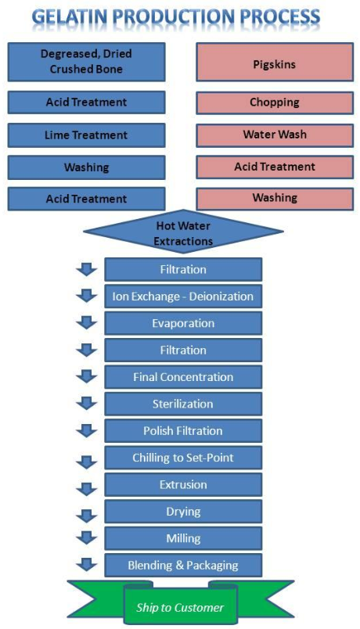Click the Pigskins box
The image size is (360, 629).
(275, 62)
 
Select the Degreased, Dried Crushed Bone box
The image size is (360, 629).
(86, 62)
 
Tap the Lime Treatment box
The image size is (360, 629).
(86, 135)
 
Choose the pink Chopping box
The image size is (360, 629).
(275, 102)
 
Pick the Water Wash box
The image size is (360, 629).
(275, 135)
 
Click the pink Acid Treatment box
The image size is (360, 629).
(275, 167)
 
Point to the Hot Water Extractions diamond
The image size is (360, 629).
(183, 232)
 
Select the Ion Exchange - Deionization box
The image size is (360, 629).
(183, 297)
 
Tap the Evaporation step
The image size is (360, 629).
(183, 323)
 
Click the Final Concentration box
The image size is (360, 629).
(183, 377)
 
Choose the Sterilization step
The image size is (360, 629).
(183, 404)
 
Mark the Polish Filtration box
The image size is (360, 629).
(183, 431)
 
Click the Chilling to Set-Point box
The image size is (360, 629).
(183, 458)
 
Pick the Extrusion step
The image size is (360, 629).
(183, 484)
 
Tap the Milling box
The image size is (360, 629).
(183, 538)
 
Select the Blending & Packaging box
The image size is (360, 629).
(183, 565)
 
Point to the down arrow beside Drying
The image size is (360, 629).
(87, 515)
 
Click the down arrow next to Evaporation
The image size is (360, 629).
(87, 322)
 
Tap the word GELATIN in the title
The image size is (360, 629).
(69, 17)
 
